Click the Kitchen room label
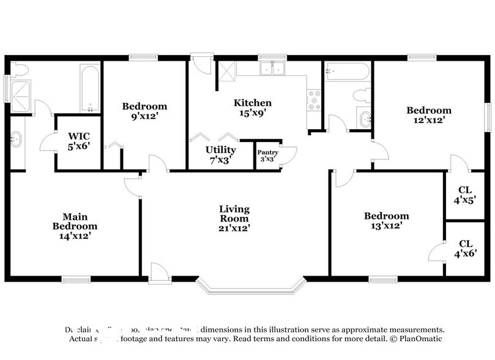click(252, 103)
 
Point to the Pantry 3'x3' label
click(267, 155)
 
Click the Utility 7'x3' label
click(220, 154)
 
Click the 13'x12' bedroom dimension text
click(386, 226)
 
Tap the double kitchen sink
click(272, 69)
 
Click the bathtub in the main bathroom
click(89, 89)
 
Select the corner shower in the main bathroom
click(23, 96)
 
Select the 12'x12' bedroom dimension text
click(429, 121)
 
